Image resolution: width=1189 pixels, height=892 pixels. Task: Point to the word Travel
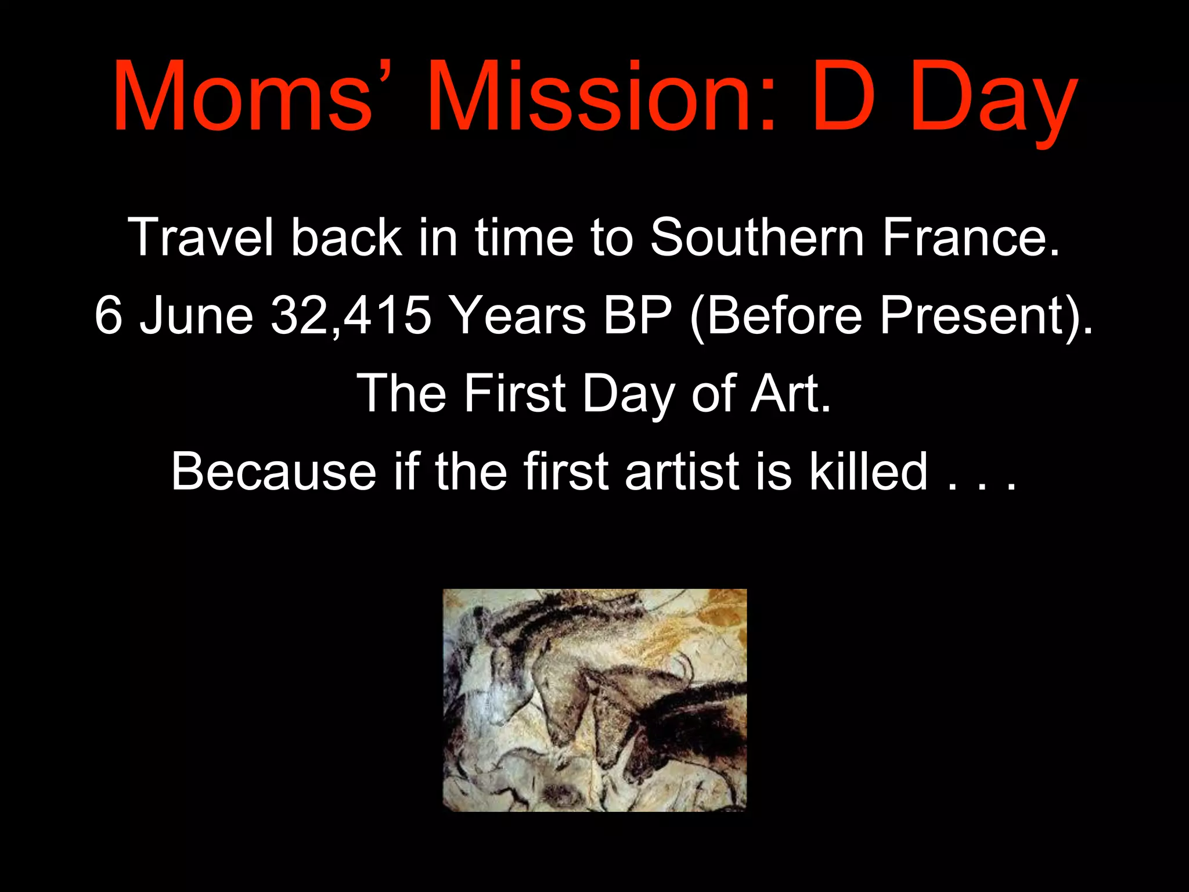[x=200, y=237]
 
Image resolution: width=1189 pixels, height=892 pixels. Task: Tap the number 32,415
[x=351, y=315]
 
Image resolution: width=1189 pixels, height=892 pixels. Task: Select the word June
[x=197, y=315]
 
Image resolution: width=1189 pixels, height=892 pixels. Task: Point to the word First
[x=514, y=393]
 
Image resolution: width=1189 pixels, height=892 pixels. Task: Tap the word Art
[x=790, y=393]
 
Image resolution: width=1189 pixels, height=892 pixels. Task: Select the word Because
[x=273, y=471]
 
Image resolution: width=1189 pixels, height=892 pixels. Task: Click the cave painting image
[x=594, y=700]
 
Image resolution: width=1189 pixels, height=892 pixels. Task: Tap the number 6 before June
[x=109, y=315]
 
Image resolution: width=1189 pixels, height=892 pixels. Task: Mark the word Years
[x=518, y=315]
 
